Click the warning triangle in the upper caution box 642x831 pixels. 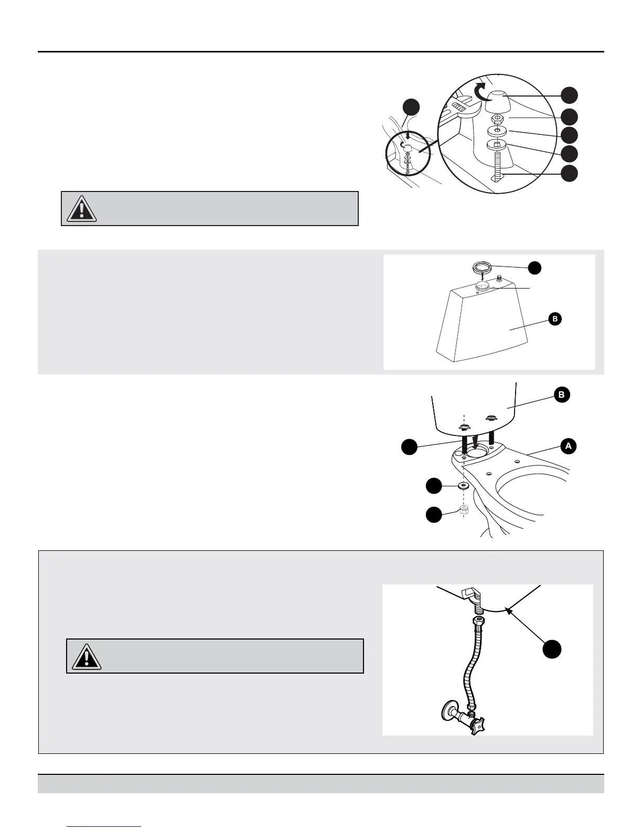(x=81, y=208)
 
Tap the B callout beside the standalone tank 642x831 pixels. (x=554, y=318)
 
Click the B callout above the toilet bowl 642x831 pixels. (x=562, y=395)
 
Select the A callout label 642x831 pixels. (x=568, y=446)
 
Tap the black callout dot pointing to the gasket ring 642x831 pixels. (x=534, y=267)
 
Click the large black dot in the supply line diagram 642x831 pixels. (x=552, y=649)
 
